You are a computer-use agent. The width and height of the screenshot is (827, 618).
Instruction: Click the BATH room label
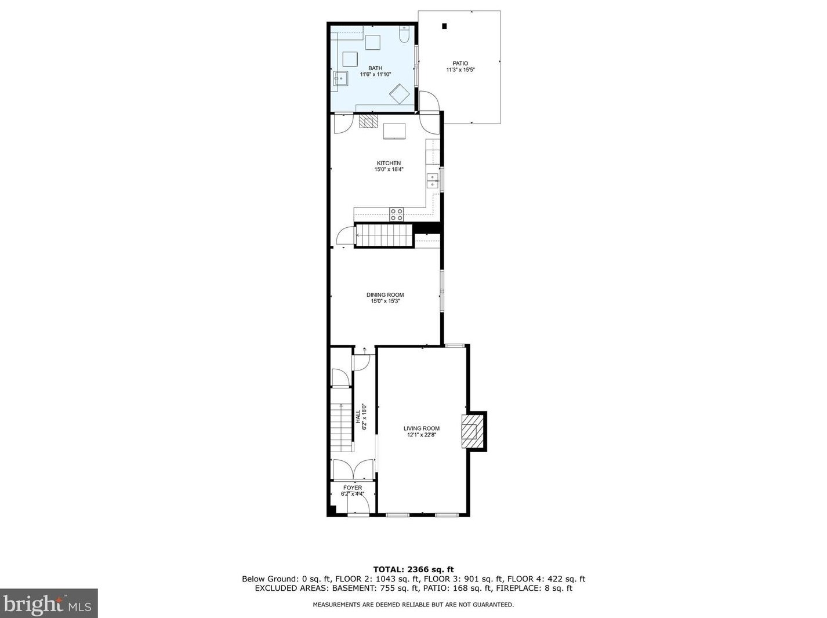click(375, 68)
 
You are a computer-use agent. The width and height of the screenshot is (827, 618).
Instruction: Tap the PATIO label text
click(460, 63)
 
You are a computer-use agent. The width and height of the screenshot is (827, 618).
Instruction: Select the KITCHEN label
click(389, 163)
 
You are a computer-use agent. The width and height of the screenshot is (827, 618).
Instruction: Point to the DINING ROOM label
click(385, 295)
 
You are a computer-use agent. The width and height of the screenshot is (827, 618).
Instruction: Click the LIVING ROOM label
click(421, 428)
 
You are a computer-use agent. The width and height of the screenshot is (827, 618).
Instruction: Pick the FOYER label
click(352, 488)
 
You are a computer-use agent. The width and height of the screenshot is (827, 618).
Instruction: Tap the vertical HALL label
click(358, 416)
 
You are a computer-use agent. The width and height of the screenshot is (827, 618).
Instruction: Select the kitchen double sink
click(433, 180)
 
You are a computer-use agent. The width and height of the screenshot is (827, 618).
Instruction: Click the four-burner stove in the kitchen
click(396, 215)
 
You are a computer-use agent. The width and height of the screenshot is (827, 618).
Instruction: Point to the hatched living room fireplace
click(473, 431)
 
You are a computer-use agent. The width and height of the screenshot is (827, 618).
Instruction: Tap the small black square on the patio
click(444, 26)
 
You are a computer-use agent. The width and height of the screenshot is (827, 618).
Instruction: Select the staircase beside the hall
click(342, 427)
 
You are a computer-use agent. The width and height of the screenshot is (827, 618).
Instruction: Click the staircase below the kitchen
click(384, 235)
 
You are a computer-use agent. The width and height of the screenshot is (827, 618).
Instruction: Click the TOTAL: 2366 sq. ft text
click(413, 569)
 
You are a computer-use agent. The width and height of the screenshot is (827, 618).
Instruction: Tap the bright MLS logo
click(49, 604)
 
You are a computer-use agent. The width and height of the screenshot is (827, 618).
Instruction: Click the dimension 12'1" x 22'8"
click(421, 435)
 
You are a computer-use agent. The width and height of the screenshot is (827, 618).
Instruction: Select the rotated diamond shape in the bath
click(400, 94)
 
